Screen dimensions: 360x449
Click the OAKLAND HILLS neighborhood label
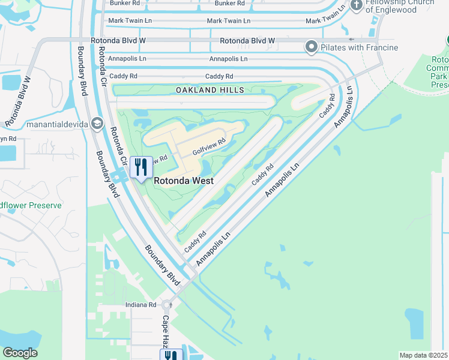pyautogui.click(x=209, y=90)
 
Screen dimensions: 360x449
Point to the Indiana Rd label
pyautogui.click(x=140, y=305)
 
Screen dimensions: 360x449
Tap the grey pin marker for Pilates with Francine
pyautogui.click(x=312, y=46)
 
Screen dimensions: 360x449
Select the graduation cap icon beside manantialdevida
pyautogui.click(x=97, y=124)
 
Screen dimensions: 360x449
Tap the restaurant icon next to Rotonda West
pyautogui.click(x=141, y=167)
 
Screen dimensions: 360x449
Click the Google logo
pyautogui.click(x=20, y=352)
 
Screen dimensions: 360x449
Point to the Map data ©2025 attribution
pyautogui.click(x=424, y=355)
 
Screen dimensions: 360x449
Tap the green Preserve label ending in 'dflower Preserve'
pyautogui.click(x=31, y=205)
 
